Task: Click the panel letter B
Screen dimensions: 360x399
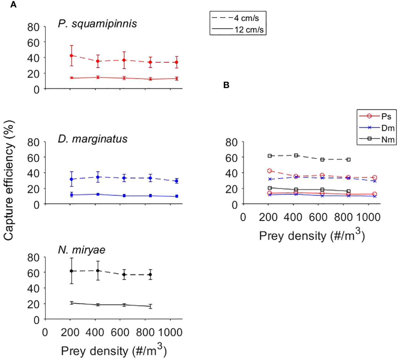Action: tap(226, 85)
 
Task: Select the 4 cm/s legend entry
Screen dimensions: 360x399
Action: tap(238, 18)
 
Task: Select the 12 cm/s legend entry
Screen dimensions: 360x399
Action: tap(238, 30)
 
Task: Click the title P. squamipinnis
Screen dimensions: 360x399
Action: tap(97, 24)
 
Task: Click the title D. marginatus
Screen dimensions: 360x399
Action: tap(92, 139)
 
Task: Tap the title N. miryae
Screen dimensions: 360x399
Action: tap(82, 250)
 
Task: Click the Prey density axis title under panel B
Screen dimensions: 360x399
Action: tap(312, 236)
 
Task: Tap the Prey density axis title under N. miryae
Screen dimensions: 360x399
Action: tap(114, 351)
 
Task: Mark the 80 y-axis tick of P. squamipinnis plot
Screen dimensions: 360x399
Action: tap(33, 27)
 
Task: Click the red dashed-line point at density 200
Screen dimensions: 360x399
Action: tap(72, 56)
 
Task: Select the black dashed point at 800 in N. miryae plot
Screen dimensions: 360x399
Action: tap(150, 275)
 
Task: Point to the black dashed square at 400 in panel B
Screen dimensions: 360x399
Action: tap(296, 155)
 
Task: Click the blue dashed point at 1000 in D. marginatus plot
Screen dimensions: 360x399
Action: tap(177, 181)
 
